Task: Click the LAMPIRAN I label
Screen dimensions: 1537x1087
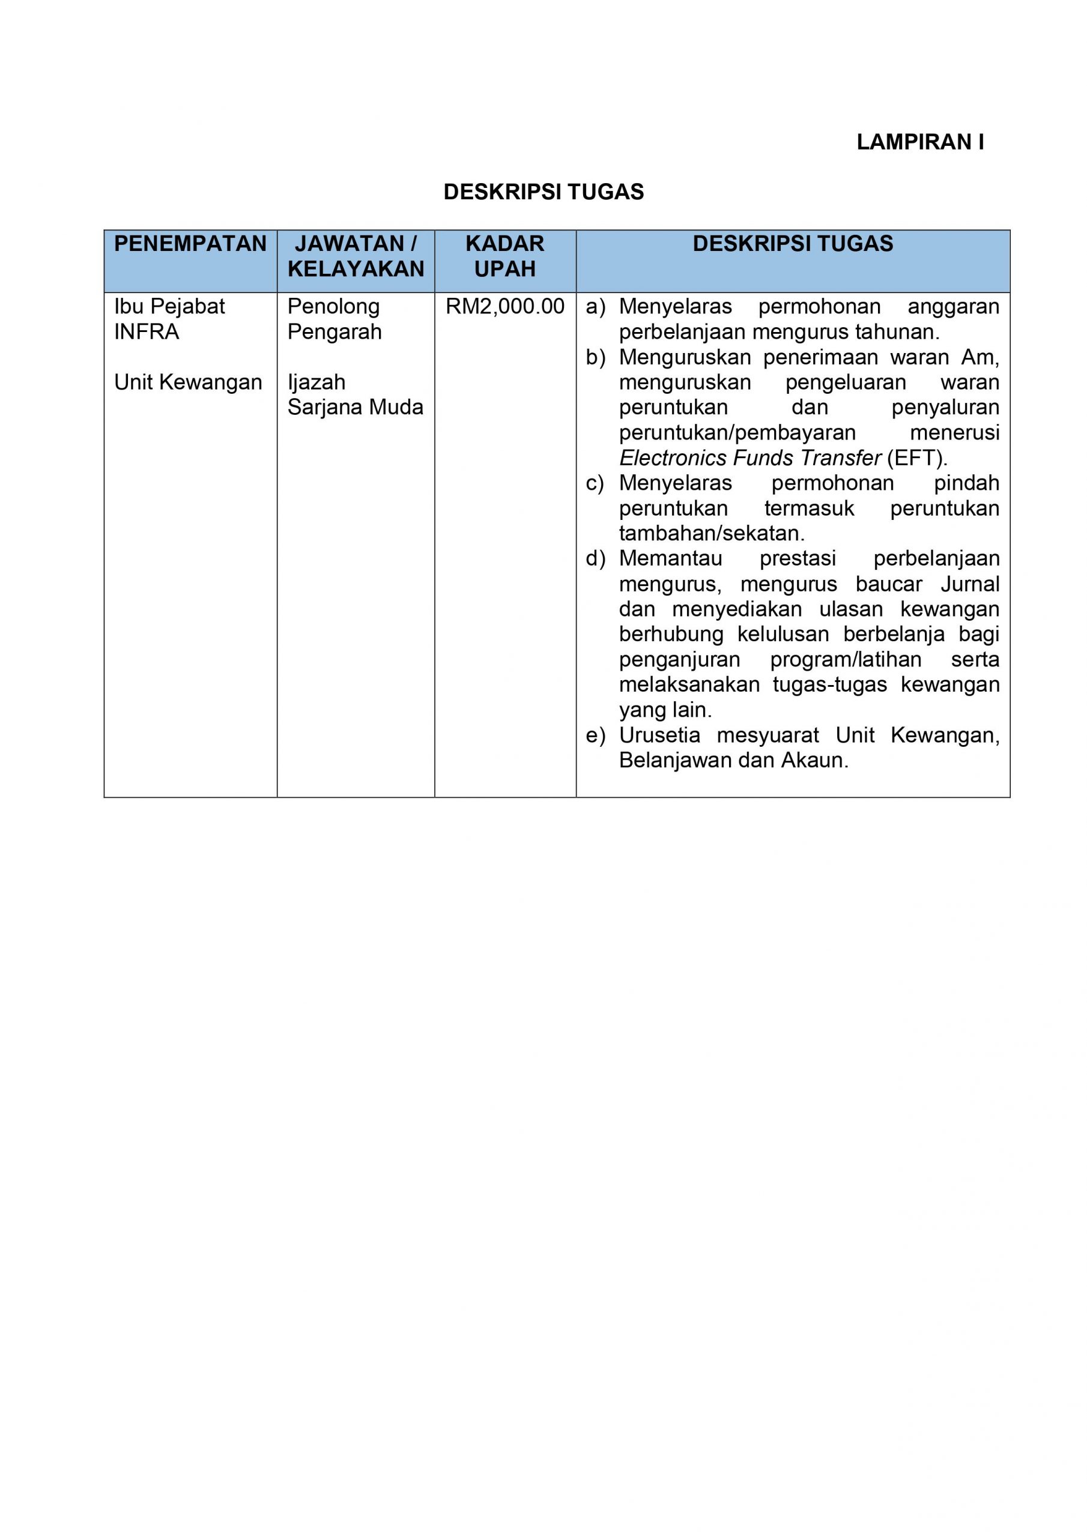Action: (919, 142)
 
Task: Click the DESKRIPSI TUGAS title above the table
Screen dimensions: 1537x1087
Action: (543, 192)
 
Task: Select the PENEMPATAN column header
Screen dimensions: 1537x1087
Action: (190, 244)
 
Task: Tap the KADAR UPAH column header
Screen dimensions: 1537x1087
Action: (505, 256)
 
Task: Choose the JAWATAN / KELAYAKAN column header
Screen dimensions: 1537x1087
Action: (356, 256)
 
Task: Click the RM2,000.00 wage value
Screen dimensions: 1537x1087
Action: (505, 307)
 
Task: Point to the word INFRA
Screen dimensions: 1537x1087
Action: (147, 332)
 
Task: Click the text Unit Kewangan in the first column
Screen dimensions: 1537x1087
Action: (188, 382)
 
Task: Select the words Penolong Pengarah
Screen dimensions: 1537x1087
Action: (334, 319)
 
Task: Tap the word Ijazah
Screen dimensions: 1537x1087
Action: (316, 382)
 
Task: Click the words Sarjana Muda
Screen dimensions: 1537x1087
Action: (355, 407)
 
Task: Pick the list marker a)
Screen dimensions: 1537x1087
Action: (595, 307)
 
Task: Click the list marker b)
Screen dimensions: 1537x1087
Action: (595, 357)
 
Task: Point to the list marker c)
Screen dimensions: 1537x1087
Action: (595, 483)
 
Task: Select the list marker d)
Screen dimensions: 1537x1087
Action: (595, 559)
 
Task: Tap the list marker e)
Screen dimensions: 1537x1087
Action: (595, 735)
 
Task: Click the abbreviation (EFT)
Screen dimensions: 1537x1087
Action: (917, 459)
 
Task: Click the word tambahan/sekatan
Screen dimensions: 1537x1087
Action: (711, 534)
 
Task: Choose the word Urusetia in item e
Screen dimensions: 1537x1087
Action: (659, 735)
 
